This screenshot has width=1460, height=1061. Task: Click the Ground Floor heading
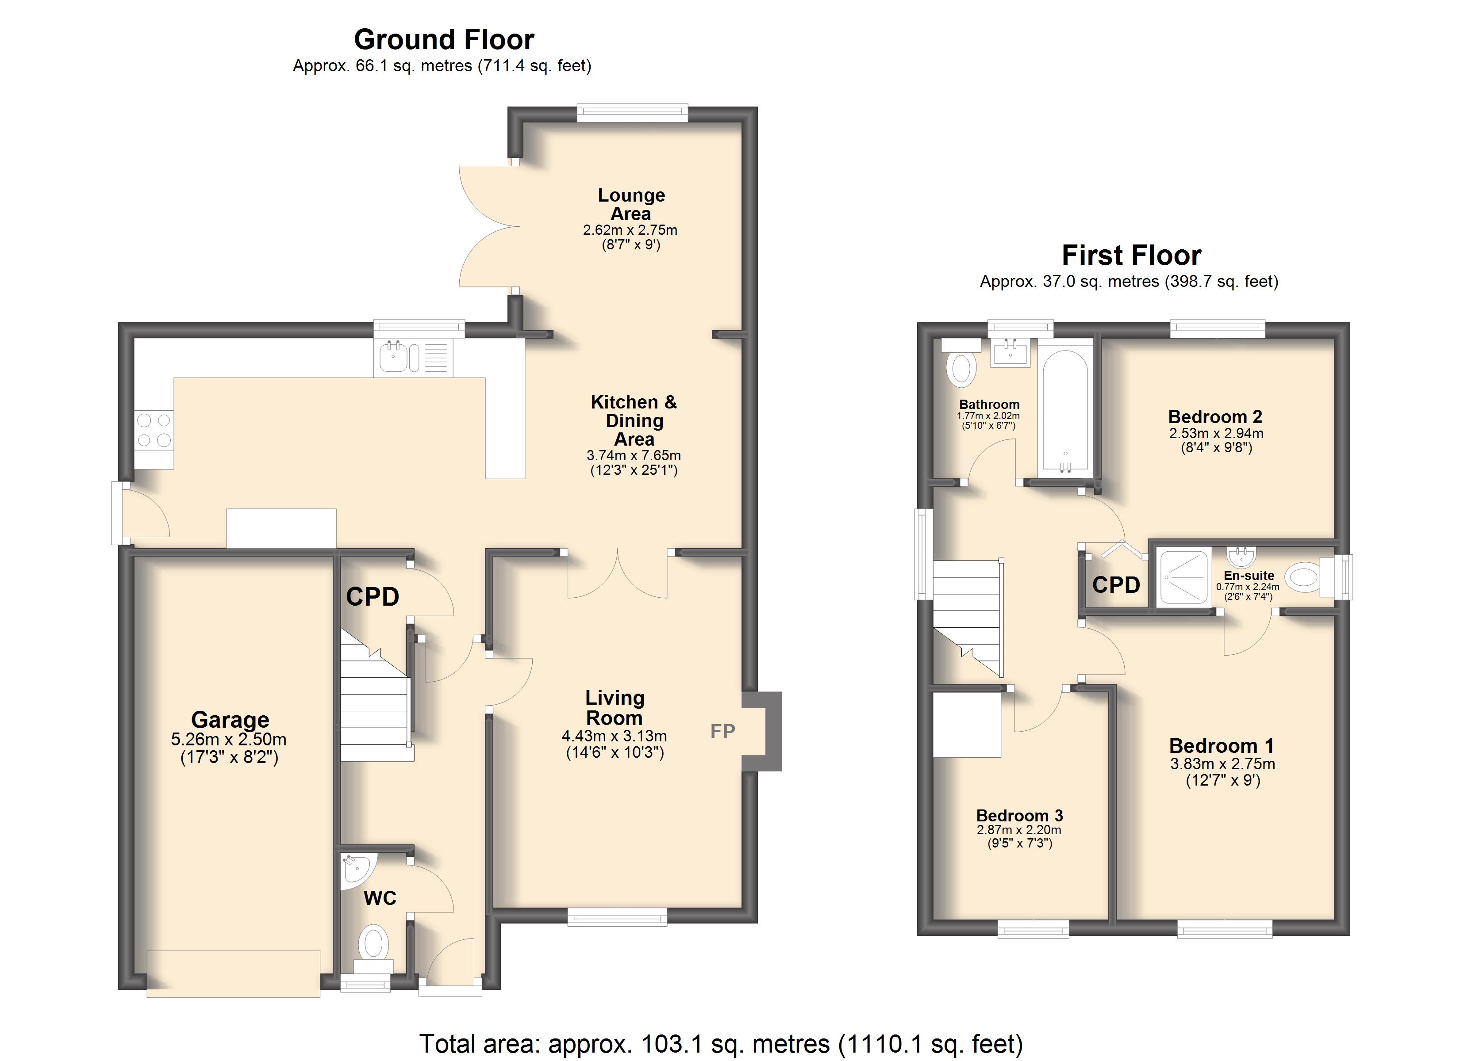click(444, 40)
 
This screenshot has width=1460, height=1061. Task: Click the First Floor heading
click(1131, 256)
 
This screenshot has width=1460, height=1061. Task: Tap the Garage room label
click(230, 719)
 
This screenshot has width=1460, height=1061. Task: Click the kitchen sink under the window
click(413, 357)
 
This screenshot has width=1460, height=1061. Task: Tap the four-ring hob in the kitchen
click(154, 431)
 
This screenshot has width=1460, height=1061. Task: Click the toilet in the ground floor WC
click(373, 950)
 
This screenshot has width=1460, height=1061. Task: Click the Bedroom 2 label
click(1215, 417)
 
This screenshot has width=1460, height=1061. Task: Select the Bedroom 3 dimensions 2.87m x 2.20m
click(1019, 830)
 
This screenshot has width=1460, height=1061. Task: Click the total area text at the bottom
click(722, 1044)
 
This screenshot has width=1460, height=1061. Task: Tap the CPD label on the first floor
click(1116, 585)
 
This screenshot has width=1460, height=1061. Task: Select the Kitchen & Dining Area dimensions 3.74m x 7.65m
click(634, 455)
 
